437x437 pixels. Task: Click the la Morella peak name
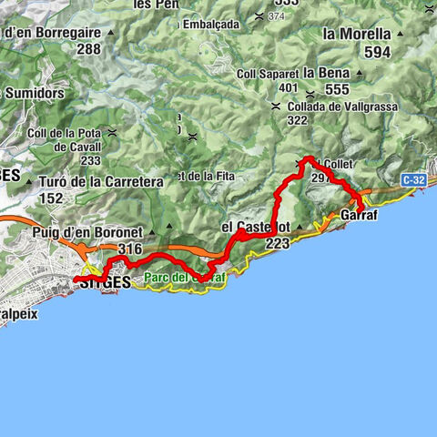[x=357, y=34]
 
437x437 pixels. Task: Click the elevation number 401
[x=289, y=88]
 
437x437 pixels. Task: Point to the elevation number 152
[x=52, y=198]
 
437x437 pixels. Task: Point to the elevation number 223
[x=278, y=243]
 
